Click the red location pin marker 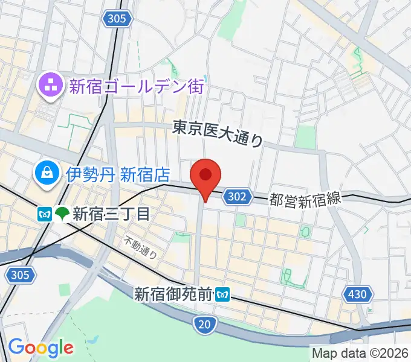205,177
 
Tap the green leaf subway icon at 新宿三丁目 62,214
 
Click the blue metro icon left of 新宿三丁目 44,214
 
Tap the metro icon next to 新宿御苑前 224,295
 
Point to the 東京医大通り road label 218,133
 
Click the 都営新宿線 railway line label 305,199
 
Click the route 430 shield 357,294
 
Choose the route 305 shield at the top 118,19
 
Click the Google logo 40,347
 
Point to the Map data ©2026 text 360,353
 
